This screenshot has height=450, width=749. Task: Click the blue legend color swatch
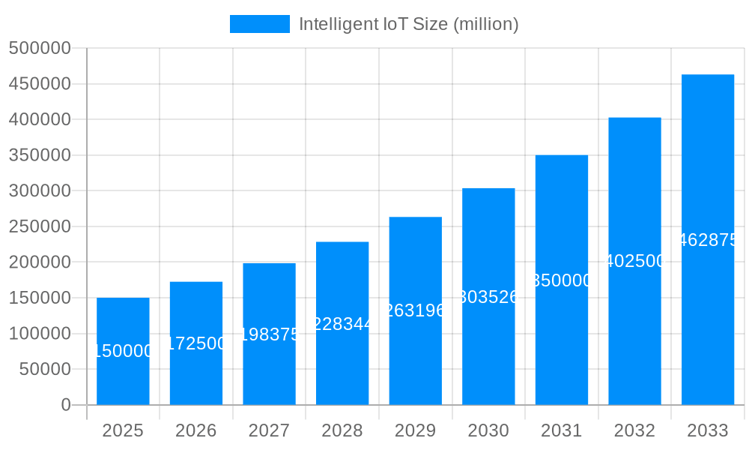point(259,24)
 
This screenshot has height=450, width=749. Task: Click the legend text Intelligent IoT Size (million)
point(408,24)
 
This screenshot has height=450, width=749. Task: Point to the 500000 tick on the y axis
point(40,49)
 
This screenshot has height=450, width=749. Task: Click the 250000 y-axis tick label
point(40,226)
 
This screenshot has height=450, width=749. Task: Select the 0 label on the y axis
point(65,405)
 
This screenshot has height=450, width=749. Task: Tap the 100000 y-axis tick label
point(40,334)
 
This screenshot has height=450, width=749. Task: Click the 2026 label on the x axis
point(196,430)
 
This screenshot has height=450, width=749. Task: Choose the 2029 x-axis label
point(415,430)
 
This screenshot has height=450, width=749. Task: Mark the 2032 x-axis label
point(634,430)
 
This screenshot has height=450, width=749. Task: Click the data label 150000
point(123,351)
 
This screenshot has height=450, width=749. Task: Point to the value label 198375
point(269,334)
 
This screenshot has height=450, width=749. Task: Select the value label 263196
point(415,310)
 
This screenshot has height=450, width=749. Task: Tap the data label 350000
point(562,280)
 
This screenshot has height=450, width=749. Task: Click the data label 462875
point(708,240)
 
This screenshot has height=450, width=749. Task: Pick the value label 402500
point(634,261)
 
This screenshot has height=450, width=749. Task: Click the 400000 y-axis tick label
point(40,120)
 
